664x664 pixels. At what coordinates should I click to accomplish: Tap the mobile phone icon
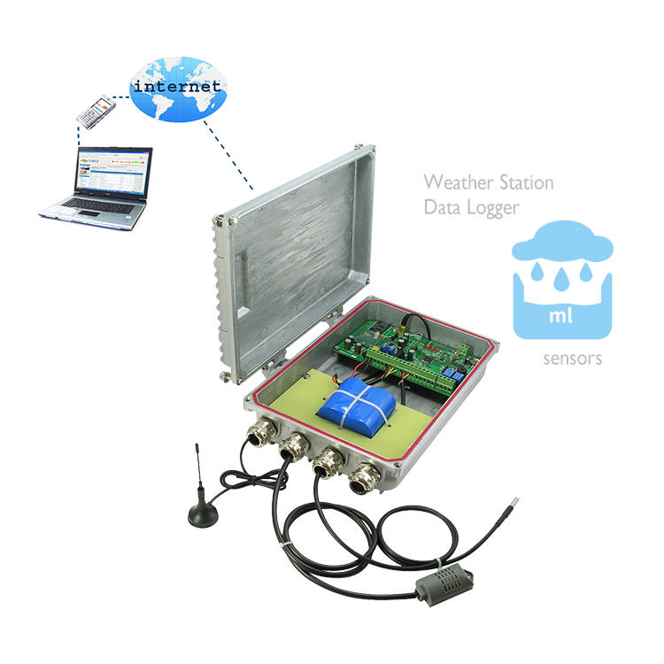[95, 110]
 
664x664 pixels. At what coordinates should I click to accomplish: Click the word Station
[525, 183]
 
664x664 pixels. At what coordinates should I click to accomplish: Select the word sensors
[573, 359]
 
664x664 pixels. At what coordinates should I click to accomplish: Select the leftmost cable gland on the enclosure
[264, 434]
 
